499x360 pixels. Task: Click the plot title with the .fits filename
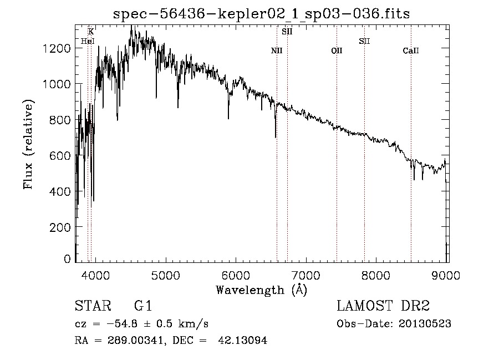(261, 13)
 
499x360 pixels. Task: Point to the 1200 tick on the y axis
(57, 48)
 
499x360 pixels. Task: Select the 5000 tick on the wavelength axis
(165, 276)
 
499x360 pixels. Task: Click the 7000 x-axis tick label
(306, 276)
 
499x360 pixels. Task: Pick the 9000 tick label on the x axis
(446, 276)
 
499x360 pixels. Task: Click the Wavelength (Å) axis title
(261, 290)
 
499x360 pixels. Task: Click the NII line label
(277, 51)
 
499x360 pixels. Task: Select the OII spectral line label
(337, 51)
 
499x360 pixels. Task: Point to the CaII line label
(411, 51)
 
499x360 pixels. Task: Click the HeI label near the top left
(88, 41)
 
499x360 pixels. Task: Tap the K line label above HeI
(91, 32)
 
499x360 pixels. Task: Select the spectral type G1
(143, 306)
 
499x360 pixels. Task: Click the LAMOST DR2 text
(383, 306)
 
